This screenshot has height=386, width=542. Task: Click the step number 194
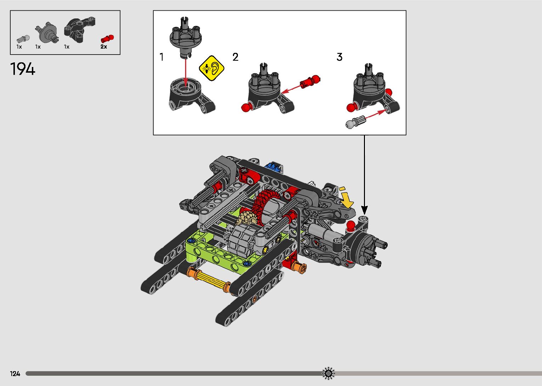pos(23,69)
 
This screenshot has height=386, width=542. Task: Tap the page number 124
pos(15,374)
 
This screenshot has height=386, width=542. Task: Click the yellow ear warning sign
pos(211,68)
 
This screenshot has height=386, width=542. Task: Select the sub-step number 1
pos(162,57)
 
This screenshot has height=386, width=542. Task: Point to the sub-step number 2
pos(235,57)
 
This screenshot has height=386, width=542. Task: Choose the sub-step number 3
pos(340,57)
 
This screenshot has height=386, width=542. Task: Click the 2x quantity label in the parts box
pos(104,47)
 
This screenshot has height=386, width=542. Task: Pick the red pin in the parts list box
pos(107,39)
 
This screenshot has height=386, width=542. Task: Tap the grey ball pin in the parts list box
pos(23,39)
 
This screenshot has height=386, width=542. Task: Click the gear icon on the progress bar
pos(328,373)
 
